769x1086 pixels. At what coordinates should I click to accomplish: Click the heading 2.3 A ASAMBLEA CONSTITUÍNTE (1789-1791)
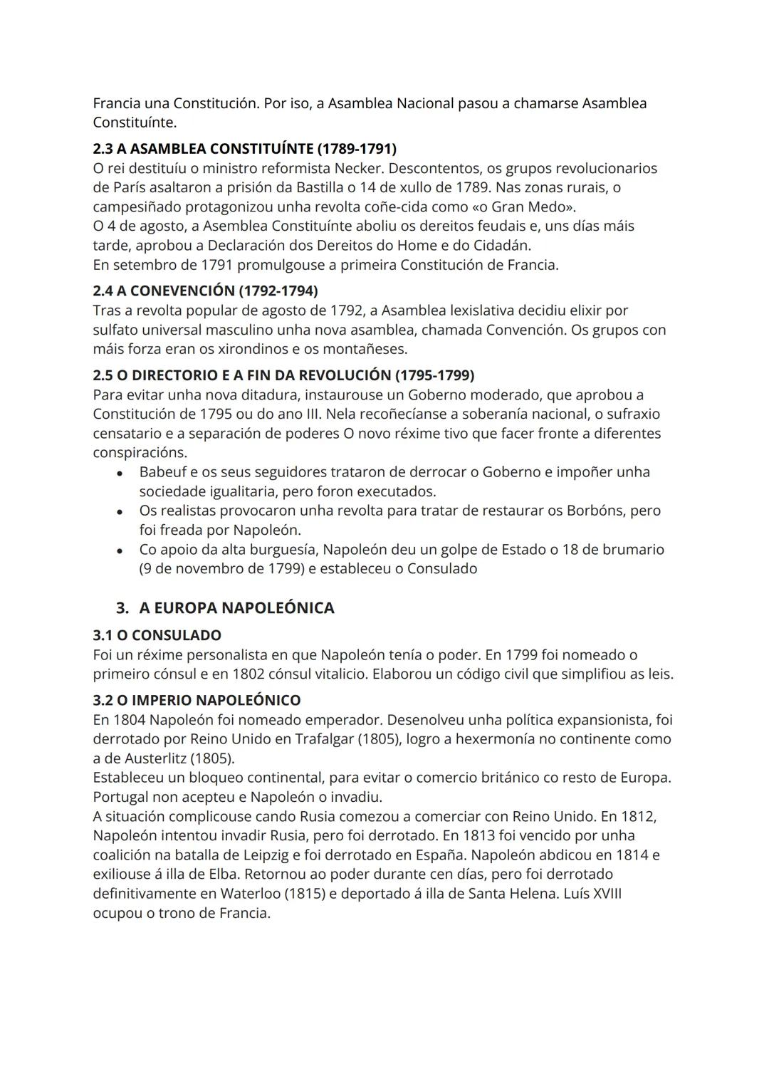[244, 149]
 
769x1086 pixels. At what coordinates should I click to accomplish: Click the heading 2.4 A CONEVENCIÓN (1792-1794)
[205, 291]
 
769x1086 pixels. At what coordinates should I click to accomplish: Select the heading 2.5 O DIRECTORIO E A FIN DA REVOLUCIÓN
[283, 375]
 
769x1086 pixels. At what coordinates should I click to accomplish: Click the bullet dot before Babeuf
[122, 473]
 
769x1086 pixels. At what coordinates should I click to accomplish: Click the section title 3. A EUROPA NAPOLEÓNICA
[225, 607]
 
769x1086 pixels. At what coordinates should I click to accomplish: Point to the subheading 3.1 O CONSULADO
[157, 635]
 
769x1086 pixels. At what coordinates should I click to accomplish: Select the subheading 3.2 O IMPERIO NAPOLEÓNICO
[197, 700]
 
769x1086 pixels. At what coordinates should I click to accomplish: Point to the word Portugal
[122, 796]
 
